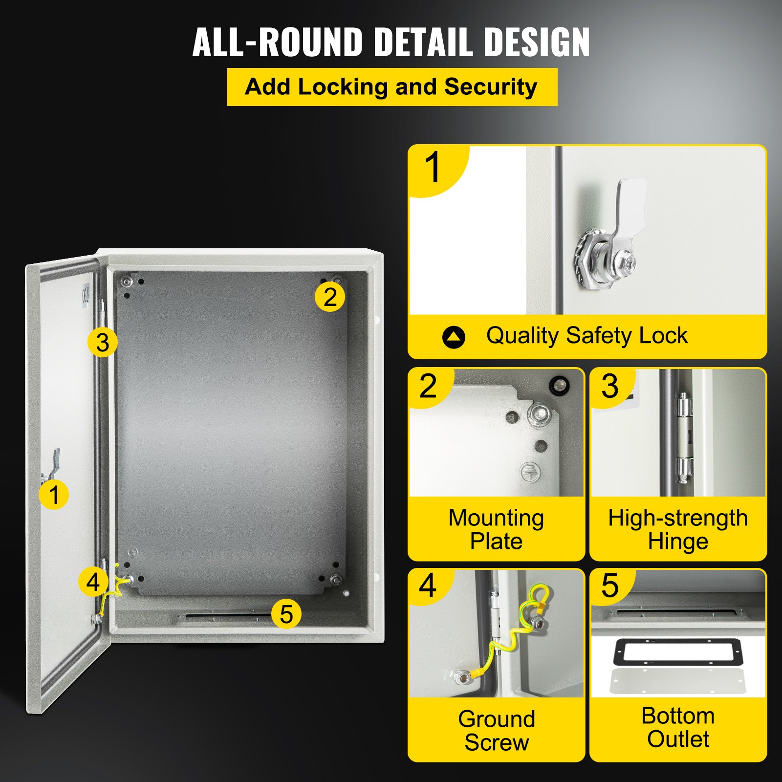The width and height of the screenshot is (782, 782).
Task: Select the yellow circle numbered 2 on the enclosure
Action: pyautogui.click(x=330, y=297)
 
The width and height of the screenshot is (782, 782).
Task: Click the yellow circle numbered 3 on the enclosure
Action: pyautogui.click(x=103, y=342)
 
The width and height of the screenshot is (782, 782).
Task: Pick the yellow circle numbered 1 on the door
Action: pyautogui.click(x=54, y=495)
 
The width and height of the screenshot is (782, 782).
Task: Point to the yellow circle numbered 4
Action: pyautogui.click(x=93, y=582)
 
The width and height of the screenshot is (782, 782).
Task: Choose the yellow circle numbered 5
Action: pyautogui.click(x=286, y=614)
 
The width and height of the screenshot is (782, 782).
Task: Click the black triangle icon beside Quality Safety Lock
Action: pyautogui.click(x=454, y=337)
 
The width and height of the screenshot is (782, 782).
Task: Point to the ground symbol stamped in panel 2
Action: pyautogui.click(x=529, y=472)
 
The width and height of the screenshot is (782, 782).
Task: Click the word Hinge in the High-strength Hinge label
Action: pyautogui.click(x=678, y=542)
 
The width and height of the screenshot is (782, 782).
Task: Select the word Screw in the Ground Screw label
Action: pyautogui.click(x=497, y=742)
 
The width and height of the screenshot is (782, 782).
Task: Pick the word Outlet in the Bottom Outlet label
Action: pyautogui.click(x=678, y=739)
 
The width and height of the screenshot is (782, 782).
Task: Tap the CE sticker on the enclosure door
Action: pyautogui.click(x=86, y=295)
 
